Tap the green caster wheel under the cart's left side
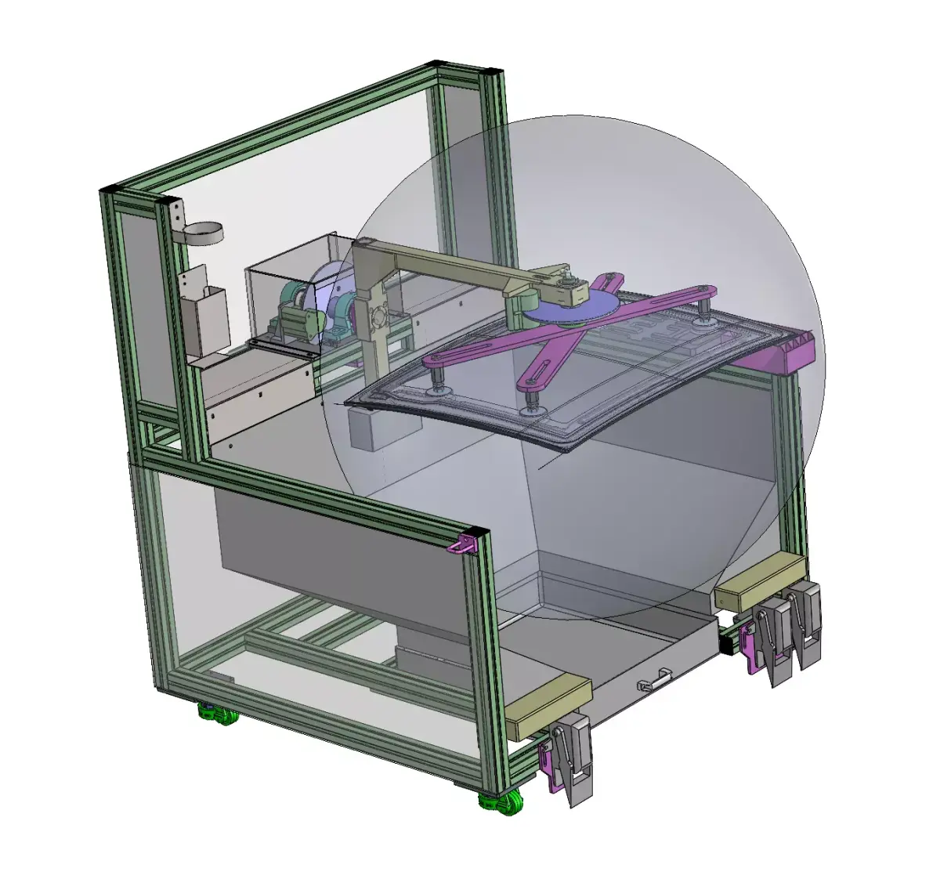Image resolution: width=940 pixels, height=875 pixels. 217,714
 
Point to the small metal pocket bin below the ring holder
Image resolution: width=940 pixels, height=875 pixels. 205,317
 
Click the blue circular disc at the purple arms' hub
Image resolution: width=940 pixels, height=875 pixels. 569,308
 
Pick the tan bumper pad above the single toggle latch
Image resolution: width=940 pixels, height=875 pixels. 548,706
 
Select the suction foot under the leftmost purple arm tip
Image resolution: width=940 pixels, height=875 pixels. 436,387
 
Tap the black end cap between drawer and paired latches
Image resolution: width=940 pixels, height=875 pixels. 727,642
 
